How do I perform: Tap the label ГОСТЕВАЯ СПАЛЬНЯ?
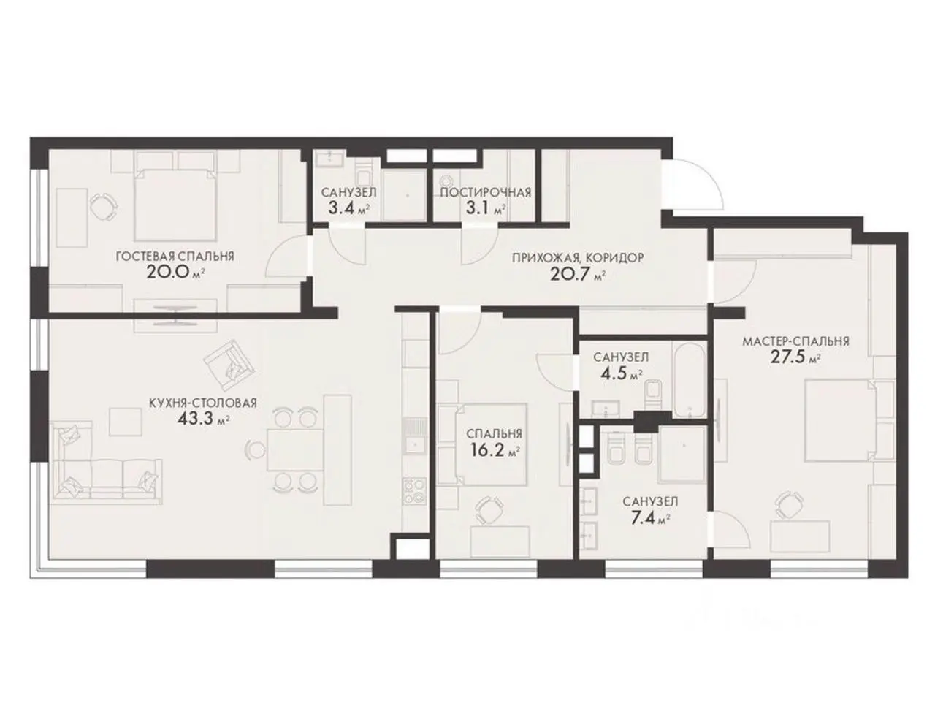175,257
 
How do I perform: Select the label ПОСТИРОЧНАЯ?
485,192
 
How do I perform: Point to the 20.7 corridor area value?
570,274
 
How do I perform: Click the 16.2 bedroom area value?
488,451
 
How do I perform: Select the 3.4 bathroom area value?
342,209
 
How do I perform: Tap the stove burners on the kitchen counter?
414,491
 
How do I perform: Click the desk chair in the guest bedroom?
103,207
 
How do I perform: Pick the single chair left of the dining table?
256,449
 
